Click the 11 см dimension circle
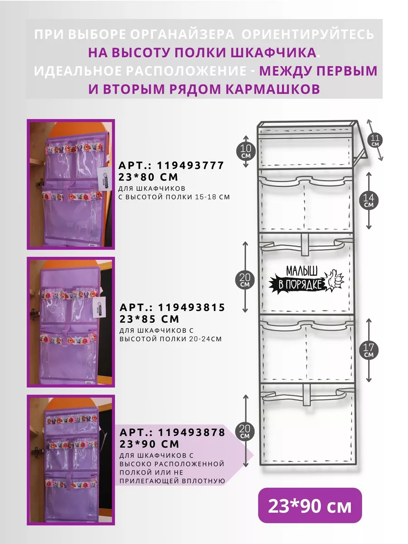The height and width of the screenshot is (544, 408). click(x=375, y=140)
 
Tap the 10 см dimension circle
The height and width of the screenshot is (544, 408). click(x=246, y=151)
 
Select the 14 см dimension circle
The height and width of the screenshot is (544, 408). click(x=369, y=200)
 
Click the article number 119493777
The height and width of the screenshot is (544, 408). click(x=190, y=165)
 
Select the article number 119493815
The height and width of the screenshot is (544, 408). click(x=191, y=307)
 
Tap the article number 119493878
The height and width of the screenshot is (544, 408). click(x=191, y=432)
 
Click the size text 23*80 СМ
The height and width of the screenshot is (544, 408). click(x=148, y=177)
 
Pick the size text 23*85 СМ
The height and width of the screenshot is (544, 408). click(x=149, y=319)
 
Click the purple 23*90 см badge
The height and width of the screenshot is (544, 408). click(x=310, y=505)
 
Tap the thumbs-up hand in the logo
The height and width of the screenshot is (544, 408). click(x=335, y=280)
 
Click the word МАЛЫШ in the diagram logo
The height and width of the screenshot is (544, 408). click(x=302, y=271)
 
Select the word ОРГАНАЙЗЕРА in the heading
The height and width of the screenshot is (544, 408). click(x=182, y=34)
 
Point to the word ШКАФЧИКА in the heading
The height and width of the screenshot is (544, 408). click(x=273, y=53)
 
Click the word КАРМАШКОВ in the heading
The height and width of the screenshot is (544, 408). click(x=272, y=89)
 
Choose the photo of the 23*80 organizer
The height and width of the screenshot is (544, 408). click(x=71, y=184)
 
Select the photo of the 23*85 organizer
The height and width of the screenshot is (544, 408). click(x=71, y=322)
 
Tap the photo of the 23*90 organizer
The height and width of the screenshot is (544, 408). click(x=71, y=460)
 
